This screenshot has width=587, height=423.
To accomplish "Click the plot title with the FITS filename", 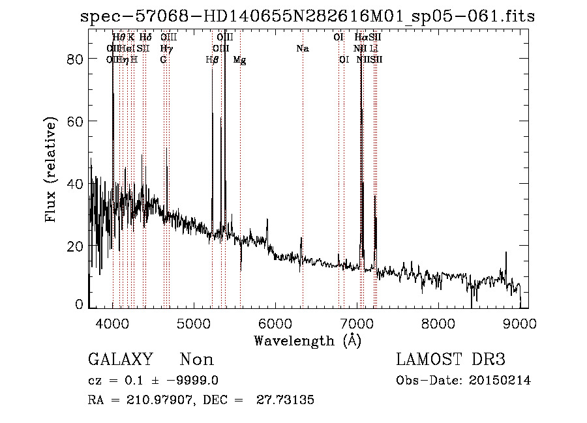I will (307, 16).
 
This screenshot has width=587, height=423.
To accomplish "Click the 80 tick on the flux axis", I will (76, 59).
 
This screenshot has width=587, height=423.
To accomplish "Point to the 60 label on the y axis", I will (76, 122).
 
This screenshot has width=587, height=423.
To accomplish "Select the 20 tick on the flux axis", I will (76, 246).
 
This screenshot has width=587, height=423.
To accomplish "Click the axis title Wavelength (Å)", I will (307, 340).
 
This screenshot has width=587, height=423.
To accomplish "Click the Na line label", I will (302, 49).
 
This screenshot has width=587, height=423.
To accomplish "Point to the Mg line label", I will (239, 60).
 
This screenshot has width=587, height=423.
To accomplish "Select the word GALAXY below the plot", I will (120, 360).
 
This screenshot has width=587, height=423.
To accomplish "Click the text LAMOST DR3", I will (451, 360).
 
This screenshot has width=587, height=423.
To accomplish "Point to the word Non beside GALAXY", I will (196, 360).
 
